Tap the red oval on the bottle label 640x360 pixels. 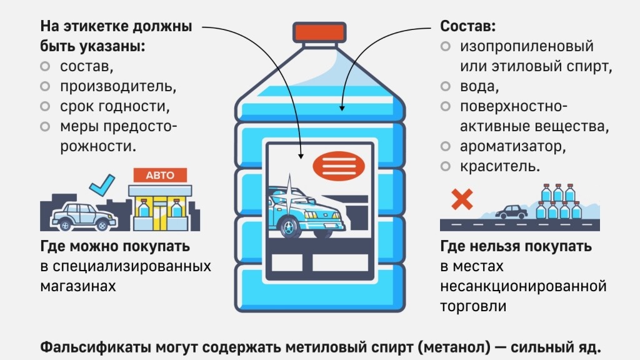coord(339,166)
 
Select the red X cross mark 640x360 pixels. coord(462,199)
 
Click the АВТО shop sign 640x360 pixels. coord(160,176)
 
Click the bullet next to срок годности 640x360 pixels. coord(44,106)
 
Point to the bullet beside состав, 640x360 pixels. coord(44,66)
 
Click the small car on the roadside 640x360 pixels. coord(511,211)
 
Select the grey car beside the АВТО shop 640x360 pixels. coord(82,216)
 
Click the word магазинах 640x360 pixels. coord(78,286)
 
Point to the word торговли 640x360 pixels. coord(473,306)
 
